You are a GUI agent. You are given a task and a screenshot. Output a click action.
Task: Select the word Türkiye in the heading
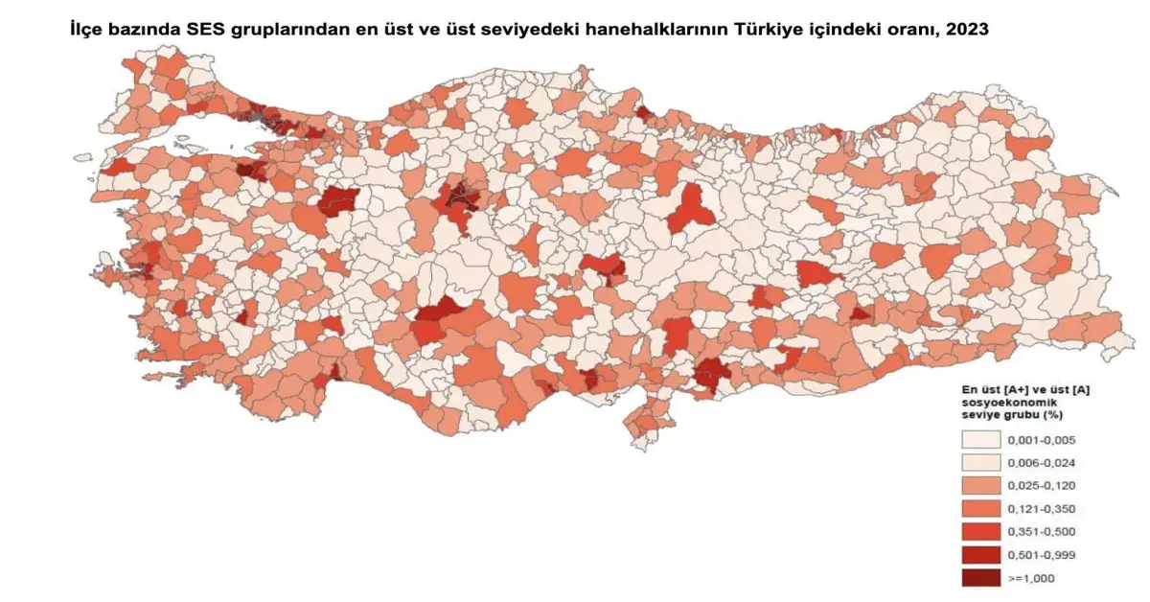tap(775, 30)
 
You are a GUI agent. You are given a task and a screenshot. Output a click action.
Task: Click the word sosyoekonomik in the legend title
tap(1002, 404)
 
